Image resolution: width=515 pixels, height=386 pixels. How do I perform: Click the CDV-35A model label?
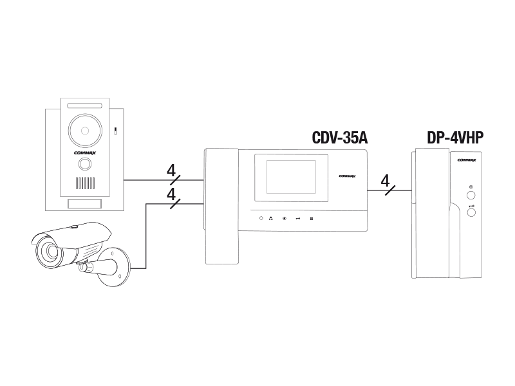(340, 138)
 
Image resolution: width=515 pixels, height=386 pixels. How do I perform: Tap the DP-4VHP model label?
(455, 138)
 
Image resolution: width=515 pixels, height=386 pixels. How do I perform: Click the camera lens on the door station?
(85, 131)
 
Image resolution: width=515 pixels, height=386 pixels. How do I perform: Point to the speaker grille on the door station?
(86, 183)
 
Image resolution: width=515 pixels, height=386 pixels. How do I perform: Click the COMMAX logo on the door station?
(85, 153)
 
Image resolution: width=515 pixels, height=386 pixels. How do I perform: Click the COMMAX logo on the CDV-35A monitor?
(347, 176)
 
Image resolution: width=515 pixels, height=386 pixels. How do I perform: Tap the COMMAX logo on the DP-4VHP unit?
(467, 160)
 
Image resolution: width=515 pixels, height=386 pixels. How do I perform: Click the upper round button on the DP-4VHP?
(471, 196)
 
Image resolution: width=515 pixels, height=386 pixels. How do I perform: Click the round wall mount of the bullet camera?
(113, 267)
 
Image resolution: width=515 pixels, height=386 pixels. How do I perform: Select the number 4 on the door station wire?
(171, 170)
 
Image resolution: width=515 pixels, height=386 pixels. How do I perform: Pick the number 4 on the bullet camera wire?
(171, 194)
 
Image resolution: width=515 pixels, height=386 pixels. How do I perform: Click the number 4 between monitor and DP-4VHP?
(385, 181)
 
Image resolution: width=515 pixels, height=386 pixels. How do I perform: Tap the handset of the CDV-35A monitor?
(221, 206)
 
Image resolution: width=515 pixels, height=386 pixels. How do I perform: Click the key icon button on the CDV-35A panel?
(298, 219)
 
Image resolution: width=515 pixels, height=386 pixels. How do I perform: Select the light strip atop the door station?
(85, 106)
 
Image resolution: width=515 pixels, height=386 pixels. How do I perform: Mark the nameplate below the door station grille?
(85, 203)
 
